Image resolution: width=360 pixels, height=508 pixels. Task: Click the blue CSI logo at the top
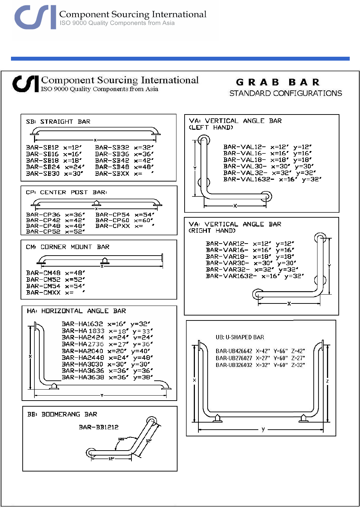(x=35, y=17)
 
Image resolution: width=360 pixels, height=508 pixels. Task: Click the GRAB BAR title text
(x=278, y=82)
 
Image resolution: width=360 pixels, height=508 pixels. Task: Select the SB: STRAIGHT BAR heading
(x=58, y=122)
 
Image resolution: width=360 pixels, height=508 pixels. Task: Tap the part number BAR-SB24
(x=43, y=167)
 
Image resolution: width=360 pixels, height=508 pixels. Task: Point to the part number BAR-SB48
(x=112, y=167)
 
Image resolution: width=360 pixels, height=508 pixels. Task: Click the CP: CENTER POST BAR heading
(x=66, y=192)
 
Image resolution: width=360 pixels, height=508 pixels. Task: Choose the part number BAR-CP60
(x=112, y=220)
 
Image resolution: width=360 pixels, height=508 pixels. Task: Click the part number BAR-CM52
(x=43, y=280)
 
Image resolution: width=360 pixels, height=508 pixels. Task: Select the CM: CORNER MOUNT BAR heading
(x=68, y=247)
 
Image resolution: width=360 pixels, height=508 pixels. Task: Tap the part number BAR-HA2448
(x=83, y=358)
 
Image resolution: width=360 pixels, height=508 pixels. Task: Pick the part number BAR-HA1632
(x=82, y=324)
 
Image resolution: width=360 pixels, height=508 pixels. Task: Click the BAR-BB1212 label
(x=99, y=427)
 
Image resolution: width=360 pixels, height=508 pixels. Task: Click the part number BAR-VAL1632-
(x=249, y=179)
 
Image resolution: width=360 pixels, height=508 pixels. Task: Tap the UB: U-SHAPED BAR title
(x=240, y=337)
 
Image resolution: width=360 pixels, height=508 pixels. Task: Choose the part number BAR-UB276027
(x=234, y=358)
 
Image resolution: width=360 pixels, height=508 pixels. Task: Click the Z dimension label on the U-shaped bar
(x=327, y=381)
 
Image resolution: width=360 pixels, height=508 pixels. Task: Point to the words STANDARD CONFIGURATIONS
(x=286, y=93)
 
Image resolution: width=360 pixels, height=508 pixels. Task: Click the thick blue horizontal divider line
(x=180, y=58)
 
